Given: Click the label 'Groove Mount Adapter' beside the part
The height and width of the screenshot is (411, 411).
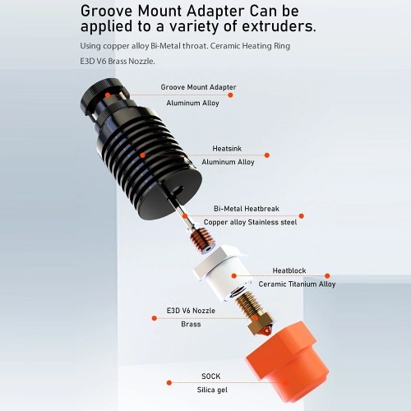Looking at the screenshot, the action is point(198,87).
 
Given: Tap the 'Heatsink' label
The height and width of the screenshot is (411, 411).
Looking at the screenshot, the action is point(227,149).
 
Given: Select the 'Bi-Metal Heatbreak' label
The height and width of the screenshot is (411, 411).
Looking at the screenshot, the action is point(247,209).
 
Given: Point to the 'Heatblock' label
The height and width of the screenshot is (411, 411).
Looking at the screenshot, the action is point(289,270).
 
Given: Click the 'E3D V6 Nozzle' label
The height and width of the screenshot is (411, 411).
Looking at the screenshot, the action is point(191,311).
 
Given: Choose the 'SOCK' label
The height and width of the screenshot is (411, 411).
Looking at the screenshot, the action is point(210,376).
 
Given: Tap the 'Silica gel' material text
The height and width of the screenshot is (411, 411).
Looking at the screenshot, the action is point(212,390).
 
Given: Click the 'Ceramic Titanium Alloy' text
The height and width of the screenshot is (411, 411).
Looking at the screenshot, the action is point(297,284).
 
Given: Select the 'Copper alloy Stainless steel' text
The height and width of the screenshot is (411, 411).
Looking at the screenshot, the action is point(250,222).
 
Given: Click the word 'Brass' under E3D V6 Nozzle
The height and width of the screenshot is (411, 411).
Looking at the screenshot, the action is point(191,324).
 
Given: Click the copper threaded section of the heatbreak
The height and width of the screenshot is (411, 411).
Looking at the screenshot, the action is point(201,238).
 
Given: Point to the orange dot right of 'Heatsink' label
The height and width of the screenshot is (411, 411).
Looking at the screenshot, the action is point(267,155).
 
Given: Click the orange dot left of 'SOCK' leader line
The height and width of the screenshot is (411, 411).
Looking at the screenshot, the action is point(169,383).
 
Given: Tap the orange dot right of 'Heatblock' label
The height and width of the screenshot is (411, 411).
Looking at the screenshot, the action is point(327,275).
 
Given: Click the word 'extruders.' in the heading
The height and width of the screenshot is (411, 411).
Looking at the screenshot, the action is point(279,26).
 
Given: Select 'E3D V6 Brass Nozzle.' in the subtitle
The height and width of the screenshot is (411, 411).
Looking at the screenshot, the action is point(118,61).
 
